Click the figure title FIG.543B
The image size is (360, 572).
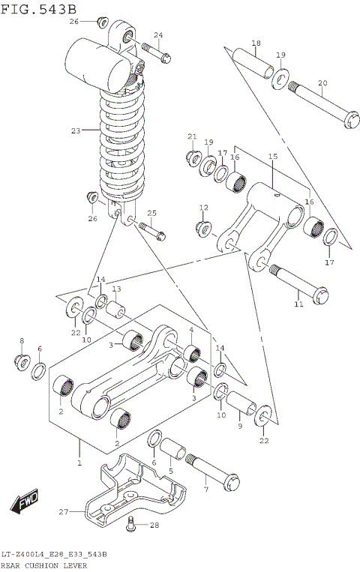coord(38,8)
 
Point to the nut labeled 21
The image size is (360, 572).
coord(192,158)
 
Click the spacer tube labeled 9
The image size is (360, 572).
coord(241,406)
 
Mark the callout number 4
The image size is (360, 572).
coord(191,329)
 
